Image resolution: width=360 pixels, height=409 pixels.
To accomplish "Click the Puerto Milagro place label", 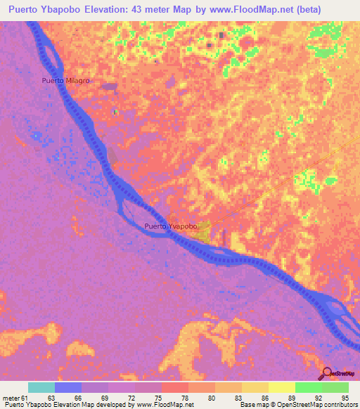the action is (65, 80).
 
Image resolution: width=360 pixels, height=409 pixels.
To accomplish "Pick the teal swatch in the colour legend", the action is (41, 387).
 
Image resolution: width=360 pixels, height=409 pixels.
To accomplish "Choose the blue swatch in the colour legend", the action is (68, 387).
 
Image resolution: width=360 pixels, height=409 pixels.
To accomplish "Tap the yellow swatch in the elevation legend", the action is (281, 387).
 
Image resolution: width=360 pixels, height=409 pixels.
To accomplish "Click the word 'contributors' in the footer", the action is (338, 405).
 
